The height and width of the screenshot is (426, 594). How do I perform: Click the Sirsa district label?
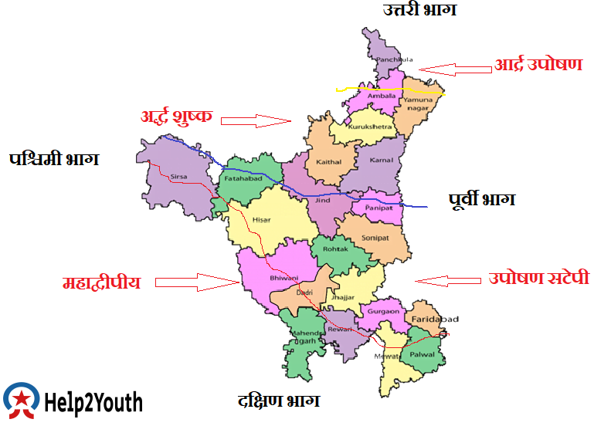point(178,177)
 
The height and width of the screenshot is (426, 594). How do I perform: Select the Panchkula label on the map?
point(389,59)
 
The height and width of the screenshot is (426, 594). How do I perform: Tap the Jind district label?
point(321,201)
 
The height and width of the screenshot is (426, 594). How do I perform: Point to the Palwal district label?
point(422,355)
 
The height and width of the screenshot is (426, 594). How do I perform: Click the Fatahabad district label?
point(240,179)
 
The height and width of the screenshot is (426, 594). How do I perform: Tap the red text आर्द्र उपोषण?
point(538,66)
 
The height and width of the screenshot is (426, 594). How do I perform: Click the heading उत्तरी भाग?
point(420,10)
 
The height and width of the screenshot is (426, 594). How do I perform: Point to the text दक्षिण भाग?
point(279,401)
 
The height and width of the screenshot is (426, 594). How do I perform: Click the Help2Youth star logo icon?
point(22,401)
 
